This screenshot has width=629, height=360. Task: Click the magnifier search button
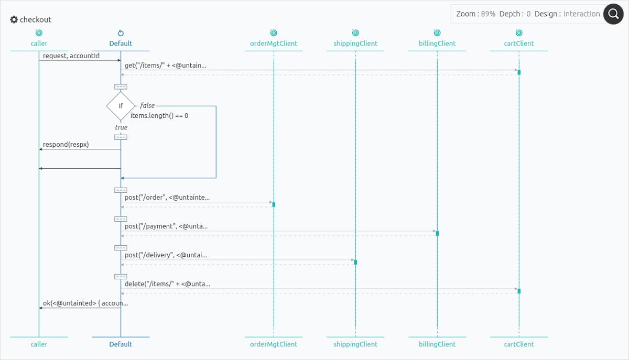pyautogui.click(x=613, y=14)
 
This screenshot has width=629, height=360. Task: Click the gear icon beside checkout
pyautogui.click(x=14, y=19)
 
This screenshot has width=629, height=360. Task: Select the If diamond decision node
pyautogui.click(x=121, y=106)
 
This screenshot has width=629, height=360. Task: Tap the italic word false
pyautogui.click(x=147, y=106)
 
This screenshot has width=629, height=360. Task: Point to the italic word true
pyautogui.click(x=121, y=127)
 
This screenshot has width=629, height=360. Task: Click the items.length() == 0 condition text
pyautogui.click(x=159, y=116)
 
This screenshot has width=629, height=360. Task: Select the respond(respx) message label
pyautogui.click(x=66, y=145)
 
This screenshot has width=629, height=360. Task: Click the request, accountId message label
pyautogui.click(x=71, y=56)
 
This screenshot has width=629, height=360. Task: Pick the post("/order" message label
pyautogui.click(x=167, y=198)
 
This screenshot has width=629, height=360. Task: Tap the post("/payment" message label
pyautogui.click(x=166, y=226)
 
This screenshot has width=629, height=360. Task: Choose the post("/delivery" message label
pyautogui.click(x=166, y=255)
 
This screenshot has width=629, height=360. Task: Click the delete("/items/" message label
pyautogui.click(x=167, y=284)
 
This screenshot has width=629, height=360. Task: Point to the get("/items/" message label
pyautogui.click(x=166, y=66)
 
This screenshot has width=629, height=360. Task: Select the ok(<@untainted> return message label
pyautogui.click(x=85, y=303)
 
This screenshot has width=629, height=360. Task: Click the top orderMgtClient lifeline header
pyautogui.click(x=274, y=43)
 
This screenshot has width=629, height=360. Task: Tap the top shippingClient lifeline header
pyautogui.click(x=355, y=43)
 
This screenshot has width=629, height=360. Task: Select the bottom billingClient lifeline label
pyautogui.click(x=437, y=344)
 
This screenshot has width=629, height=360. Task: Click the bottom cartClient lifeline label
pyautogui.click(x=519, y=344)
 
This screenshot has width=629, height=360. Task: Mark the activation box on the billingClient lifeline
pyautogui.click(x=437, y=233)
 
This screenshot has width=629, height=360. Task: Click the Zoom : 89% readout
pyautogui.click(x=475, y=14)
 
